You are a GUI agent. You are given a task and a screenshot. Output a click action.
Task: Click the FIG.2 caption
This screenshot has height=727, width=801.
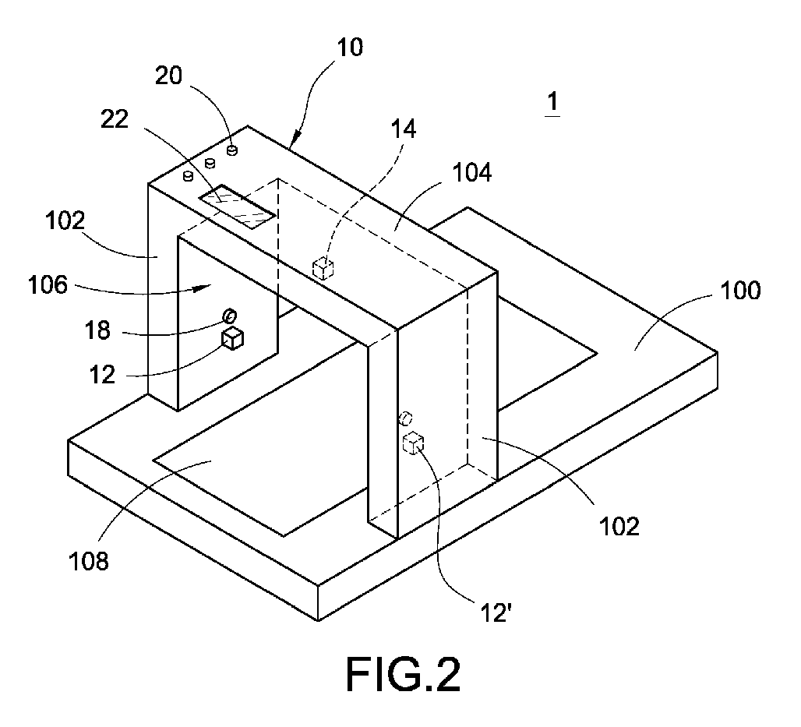(x=403, y=675)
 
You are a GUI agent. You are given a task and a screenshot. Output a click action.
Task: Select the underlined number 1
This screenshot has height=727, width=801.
(x=552, y=101)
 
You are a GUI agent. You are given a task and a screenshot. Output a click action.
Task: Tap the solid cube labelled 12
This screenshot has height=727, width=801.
(x=233, y=338)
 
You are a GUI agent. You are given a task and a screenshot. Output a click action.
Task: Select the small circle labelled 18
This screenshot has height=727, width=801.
(x=231, y=316)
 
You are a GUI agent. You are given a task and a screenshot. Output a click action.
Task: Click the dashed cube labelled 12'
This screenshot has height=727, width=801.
(x=413, y=443)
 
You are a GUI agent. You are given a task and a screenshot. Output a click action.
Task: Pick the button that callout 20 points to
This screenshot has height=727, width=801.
(x=231, y=150)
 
